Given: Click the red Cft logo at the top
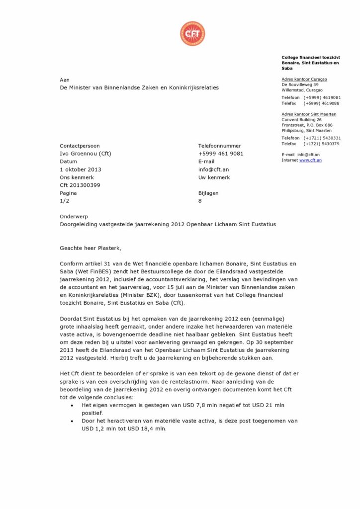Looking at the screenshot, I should click(192, 34).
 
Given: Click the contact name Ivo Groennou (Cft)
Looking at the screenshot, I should click(85, 154).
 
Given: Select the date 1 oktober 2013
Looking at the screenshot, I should click(80, 170).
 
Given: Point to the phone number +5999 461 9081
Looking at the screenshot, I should click(220, 154).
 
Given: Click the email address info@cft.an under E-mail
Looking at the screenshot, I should click(213, 170).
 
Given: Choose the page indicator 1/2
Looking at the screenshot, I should click(65, 201).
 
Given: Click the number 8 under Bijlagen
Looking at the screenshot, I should click(200, 201).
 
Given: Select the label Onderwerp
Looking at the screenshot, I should click(73, 217).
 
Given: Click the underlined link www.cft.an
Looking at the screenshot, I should click(310, 160).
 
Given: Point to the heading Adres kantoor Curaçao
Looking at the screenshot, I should click(304, 79).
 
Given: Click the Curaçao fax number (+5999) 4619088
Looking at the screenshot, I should click(322, 103).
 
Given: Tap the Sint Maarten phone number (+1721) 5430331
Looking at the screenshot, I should click(322, 138).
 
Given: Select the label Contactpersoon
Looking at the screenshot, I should click(80, 146).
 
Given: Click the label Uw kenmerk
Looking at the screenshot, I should click(214, 177).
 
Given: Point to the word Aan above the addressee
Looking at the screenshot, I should click(65, 80).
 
